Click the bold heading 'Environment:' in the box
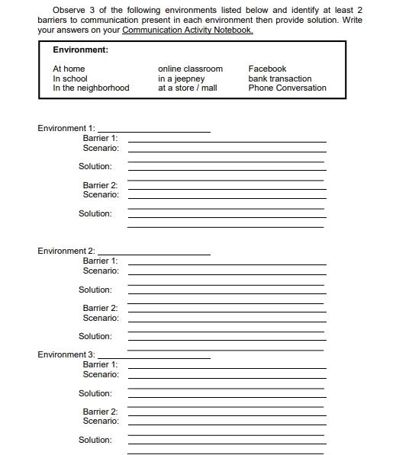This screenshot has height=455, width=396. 80,50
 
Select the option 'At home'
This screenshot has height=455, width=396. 69,69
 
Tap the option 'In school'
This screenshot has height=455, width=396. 70,79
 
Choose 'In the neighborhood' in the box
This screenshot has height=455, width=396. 91,88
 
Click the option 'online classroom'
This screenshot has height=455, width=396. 190,69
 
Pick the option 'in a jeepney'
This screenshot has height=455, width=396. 182,79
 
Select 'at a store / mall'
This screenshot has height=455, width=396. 188,88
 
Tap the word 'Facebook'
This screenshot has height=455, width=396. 267,69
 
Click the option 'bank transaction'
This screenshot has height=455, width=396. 280,79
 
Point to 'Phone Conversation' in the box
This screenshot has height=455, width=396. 287,88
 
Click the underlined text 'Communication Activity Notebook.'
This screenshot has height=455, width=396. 187,30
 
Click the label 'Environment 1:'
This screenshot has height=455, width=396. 66,128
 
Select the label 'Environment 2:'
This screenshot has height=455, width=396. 66,251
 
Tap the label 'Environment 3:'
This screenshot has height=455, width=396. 66,354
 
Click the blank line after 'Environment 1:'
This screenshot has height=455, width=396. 154,131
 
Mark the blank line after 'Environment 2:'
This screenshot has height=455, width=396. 154,254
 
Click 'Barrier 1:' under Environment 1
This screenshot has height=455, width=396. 100,138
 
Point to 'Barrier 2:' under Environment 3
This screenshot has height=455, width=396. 100,412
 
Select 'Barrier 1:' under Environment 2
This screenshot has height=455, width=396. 100,261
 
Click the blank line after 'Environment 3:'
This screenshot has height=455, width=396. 154,357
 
